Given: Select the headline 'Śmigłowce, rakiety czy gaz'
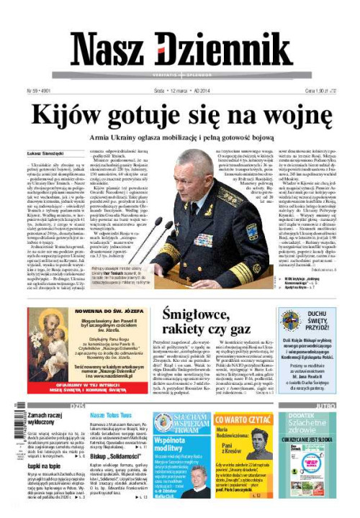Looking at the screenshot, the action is click(206, 322).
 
